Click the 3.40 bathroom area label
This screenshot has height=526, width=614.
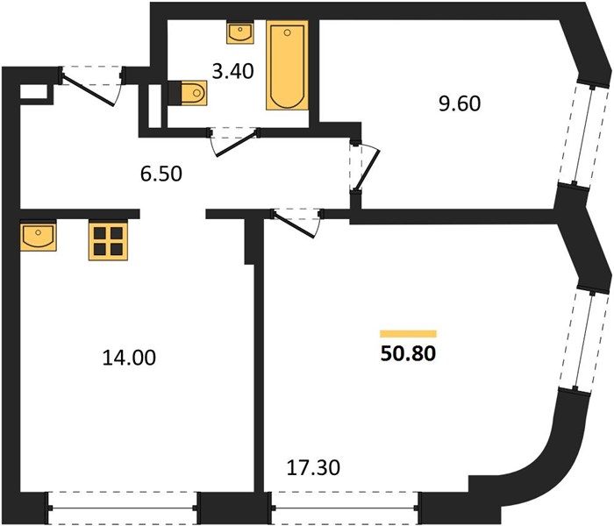coord(232,72)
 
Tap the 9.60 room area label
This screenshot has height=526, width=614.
coord(460,104)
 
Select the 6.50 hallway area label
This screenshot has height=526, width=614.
coord(161,174)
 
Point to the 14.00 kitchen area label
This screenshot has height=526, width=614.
coord(129,358)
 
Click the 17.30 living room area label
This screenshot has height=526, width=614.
coord(313,467)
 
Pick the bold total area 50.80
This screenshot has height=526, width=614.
coord(408,354)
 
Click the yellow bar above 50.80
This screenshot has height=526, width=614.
coord(408,334)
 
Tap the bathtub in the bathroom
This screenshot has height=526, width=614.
coord(287,66)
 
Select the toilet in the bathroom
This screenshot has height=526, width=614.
coord(188,93)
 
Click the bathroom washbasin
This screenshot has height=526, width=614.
coord(239,33)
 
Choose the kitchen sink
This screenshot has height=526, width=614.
coord(38,237)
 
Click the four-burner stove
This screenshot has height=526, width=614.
coord(109,241)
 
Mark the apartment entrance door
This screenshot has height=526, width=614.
coord(91,86)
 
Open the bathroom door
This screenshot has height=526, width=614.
coord(234,142)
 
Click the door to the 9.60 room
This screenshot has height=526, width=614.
coord(363,167)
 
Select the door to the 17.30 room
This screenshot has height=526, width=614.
coord(296,223)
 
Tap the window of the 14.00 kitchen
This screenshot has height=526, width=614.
coord(123,508)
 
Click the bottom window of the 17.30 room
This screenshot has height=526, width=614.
coord(345,508)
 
